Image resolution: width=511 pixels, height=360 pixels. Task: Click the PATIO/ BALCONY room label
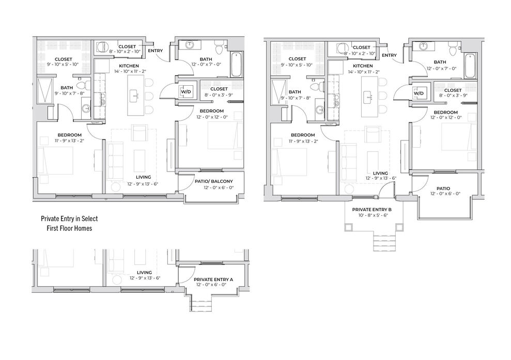pos(214,181)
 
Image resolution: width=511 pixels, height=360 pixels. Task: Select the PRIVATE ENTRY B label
pos(372,210)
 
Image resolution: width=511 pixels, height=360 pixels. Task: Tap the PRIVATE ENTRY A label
pos(213,279)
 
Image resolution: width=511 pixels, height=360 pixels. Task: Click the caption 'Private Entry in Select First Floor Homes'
pos(69,224)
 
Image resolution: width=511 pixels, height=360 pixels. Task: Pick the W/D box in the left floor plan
pos(186,91)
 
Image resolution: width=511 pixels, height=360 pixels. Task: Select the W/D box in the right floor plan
pos(419,93)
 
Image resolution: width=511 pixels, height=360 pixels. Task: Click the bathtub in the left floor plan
pos(237,64)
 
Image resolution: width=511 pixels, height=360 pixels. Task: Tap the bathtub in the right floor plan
pos(470,66)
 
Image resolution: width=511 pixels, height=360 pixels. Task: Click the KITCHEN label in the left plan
pos(129,66)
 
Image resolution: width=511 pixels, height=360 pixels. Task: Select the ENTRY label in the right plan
pos(389,55)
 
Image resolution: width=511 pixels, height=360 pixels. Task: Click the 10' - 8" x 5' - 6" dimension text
pos(372,215)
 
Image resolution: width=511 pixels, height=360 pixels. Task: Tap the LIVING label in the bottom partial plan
pos(144,272)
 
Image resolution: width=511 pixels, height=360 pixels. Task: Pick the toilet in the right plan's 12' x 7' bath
pos(453,49)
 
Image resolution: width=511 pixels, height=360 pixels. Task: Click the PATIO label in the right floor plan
pos(443,189)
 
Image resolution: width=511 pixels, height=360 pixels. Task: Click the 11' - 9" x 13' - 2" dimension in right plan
pos(303,141)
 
